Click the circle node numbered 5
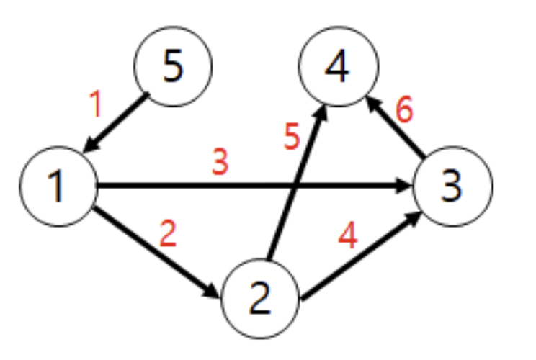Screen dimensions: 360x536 click(173, 66)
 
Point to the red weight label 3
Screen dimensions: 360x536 click(220, 163)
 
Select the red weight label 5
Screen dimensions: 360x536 click(290, 138)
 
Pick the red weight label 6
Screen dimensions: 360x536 click(405, 111)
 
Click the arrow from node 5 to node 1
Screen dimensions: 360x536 click(117, 124)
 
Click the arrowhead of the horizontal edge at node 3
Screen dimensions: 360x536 click(406, 187)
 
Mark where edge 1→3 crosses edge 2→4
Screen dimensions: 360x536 click(298, 187)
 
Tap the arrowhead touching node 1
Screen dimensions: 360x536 click(89, 146)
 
